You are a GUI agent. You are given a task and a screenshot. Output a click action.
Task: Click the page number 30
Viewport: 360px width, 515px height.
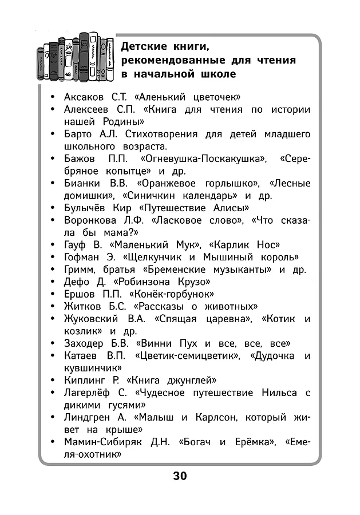tap(180, 476)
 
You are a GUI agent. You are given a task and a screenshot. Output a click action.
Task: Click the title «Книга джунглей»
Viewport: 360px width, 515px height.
tap(172, 380)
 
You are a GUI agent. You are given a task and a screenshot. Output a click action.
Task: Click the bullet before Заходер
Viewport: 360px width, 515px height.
tap(53, 344)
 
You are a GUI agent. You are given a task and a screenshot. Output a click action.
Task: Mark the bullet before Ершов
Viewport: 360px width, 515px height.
tap(53, 294)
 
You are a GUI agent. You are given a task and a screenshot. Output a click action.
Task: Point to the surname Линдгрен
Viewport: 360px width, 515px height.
tap(91, 417)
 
